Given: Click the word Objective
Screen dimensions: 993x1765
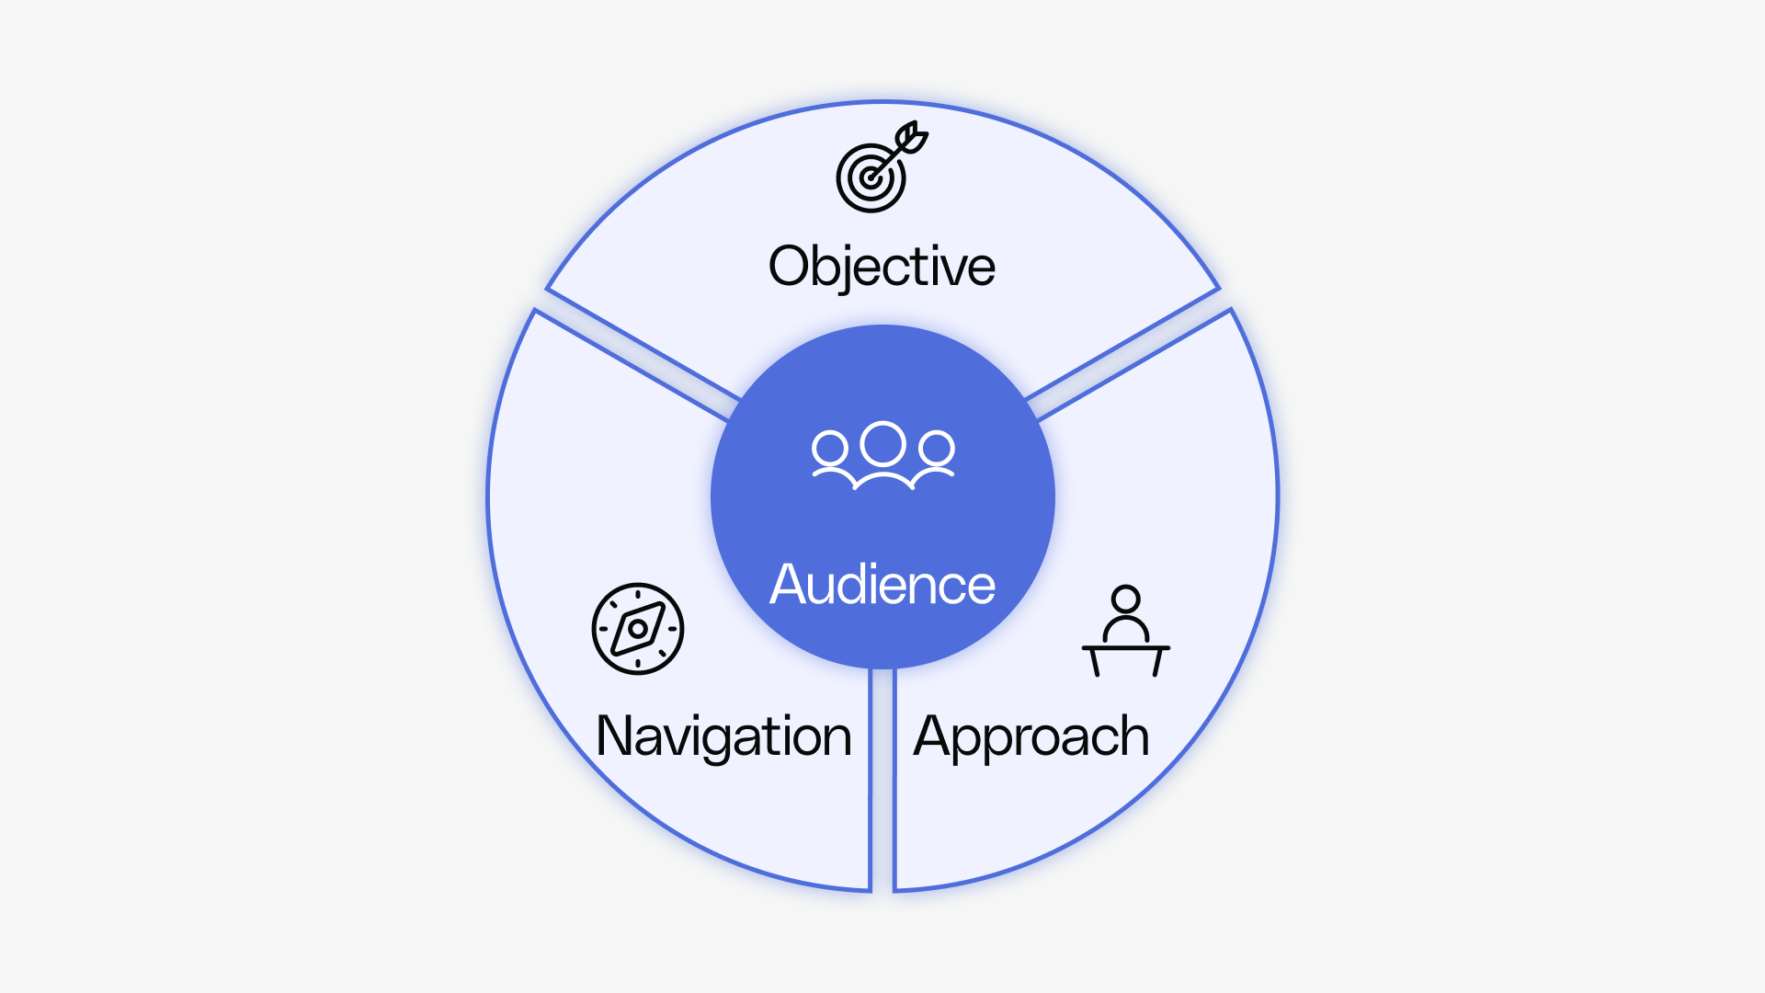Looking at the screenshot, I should pos(882,267).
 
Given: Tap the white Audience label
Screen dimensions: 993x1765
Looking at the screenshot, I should pos(882,585).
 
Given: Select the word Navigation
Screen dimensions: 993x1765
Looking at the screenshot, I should pos(723,736).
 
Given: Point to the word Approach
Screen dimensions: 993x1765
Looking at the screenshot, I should pos(1031,736).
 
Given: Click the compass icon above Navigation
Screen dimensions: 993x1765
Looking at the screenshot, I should pos(638,629).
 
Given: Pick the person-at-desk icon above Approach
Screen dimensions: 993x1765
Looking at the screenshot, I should pos(1125,632).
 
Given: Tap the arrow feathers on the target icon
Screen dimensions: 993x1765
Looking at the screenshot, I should pos(913,137).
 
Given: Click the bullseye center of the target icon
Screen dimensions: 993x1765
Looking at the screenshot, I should pos(869,177).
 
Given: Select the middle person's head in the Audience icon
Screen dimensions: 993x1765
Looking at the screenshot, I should pos(882,443).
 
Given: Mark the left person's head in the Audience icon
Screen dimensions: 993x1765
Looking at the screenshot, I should pos(829,449).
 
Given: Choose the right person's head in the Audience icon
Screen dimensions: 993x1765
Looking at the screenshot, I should pos(937,449).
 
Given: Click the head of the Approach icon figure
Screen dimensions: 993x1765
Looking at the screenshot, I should pos(1125,599).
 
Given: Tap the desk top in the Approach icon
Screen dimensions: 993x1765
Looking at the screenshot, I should pos(1125,647).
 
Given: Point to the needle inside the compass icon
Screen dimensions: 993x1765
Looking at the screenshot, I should pos(638,629).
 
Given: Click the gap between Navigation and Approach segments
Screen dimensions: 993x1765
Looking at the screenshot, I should pos(882,782).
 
